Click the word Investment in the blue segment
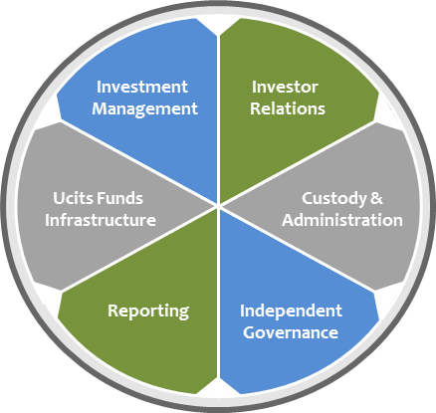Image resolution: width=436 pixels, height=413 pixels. (142, 87)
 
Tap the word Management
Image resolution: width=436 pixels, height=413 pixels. (144, 109)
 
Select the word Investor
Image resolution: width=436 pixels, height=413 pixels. (285, 87)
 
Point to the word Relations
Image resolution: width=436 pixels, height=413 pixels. (288, 108)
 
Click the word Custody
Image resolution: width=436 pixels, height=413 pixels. (334, 199)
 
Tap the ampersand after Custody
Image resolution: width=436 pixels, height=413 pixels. (376, 198)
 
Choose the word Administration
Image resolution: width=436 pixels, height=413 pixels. (342, 220)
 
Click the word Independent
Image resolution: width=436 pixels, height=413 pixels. (291, 311)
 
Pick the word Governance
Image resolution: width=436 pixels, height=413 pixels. (291, 332)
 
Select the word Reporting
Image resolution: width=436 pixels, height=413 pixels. (148, 311)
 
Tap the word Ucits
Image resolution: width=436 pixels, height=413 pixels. (70, 198)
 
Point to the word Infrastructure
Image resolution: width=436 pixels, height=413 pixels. (101, 220)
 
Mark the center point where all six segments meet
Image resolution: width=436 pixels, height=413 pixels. (218, 206)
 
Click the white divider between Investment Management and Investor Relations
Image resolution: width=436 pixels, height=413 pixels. (218, 119)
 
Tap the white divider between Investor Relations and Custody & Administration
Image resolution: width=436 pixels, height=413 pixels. (297, 163)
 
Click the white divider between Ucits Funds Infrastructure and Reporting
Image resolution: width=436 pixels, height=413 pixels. (139, 249)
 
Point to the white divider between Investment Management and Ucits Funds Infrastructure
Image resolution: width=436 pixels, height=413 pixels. (139, 162)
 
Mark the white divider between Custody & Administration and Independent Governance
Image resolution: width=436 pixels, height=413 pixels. (297, 249)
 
